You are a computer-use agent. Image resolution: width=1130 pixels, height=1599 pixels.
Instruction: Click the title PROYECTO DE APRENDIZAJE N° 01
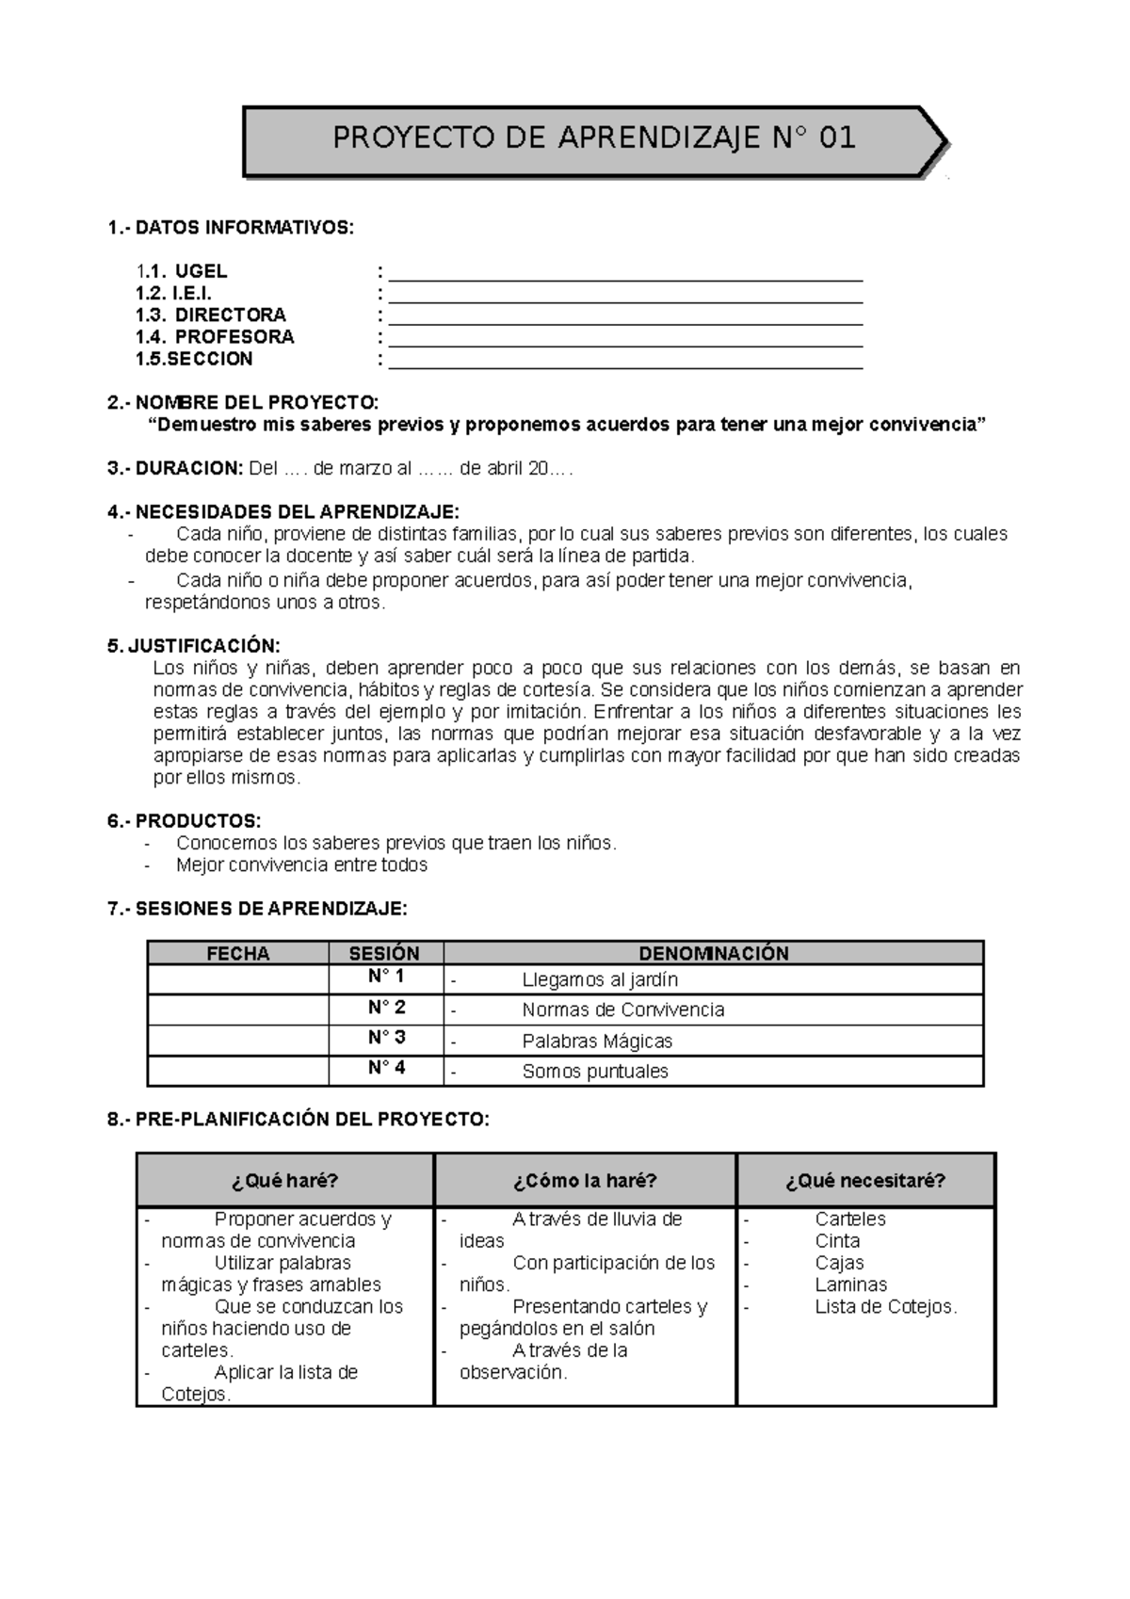[x=593, y=138]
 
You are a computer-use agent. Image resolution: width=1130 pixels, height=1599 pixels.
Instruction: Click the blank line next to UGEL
[x=625, y=275]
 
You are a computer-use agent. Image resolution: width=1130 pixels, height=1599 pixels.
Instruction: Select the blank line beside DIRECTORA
[x=625, y=318]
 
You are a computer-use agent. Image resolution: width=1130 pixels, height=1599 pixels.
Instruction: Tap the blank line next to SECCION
[x=625, y=363]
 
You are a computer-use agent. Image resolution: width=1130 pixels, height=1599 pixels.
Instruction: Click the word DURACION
[x=188, y=469]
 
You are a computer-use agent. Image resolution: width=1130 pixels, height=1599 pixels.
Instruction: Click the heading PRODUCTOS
[x=198, y=821]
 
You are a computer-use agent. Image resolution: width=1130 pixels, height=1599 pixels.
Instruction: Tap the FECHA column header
[x=238, y=953]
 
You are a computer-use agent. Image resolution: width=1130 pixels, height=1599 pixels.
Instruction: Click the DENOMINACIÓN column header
[x=713, y=953]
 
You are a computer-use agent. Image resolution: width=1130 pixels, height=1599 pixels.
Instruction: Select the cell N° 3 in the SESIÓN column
[x=386, y=1038]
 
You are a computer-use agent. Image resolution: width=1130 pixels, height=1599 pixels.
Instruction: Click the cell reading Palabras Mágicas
[x=597, y=1042]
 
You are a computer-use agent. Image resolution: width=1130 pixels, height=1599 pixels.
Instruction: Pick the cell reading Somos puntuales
[x=595, y=1072]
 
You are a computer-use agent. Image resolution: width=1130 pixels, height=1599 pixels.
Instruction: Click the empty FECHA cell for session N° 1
[x=238, y=979]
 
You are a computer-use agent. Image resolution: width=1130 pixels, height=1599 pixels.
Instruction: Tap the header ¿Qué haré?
[x=284, y=1180]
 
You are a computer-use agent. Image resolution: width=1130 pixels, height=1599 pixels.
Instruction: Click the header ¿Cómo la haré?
[x=585, y=1180]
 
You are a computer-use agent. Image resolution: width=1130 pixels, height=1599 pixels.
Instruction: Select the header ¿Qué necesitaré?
[x=865, y=1180]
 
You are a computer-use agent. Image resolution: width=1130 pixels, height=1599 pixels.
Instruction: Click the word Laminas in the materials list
[x=851, y=1284]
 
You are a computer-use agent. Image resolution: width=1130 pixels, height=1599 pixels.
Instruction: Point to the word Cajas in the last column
[x=839, y=1263]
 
